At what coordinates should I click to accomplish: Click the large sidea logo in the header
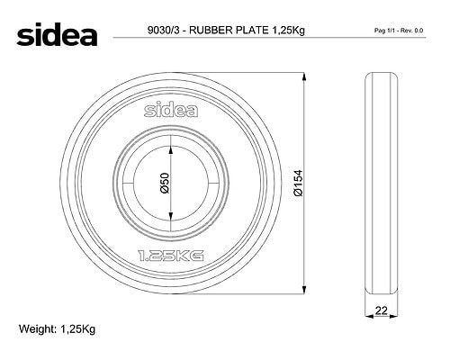coord(57,34)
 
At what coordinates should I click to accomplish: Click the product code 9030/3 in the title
coord(163,31)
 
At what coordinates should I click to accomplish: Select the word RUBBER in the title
coord(211,31)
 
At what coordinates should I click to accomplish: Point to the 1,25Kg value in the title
coord(288,31)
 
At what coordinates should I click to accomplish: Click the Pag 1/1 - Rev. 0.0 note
coord(399,31)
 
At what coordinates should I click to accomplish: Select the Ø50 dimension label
coord(165,183)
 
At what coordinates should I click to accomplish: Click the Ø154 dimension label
coord(299,183)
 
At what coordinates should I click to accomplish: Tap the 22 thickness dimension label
coord(382,310)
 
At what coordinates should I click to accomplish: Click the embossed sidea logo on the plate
coord(171,110)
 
